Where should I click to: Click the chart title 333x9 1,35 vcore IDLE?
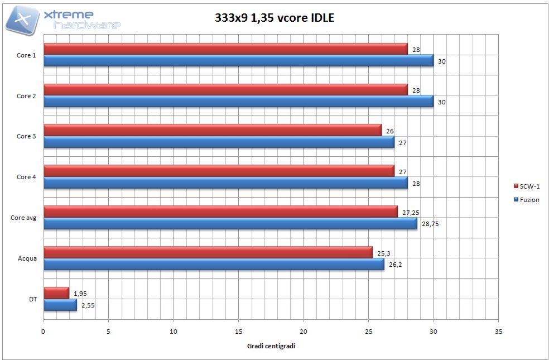click(274, 18)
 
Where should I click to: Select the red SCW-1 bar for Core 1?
click(225, 49)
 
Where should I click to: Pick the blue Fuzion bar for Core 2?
click(238, 101)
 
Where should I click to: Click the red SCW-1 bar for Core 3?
click(212, 130)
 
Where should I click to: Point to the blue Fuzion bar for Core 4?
click(225, 183)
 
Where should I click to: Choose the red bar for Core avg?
click(220, 212)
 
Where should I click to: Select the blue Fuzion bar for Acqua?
click(214, 264)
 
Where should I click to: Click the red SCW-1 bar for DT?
click(56, 293)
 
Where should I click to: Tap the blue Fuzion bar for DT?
click(60, 305)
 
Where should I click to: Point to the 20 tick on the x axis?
click(304, 331)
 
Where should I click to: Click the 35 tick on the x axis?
click(498, 331)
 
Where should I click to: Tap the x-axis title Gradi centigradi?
click(271, 346)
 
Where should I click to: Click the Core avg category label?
click(23, 218)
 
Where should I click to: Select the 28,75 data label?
click(430, 224)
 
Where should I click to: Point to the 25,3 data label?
click(383, 253)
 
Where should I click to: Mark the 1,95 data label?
click(80, 294)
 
